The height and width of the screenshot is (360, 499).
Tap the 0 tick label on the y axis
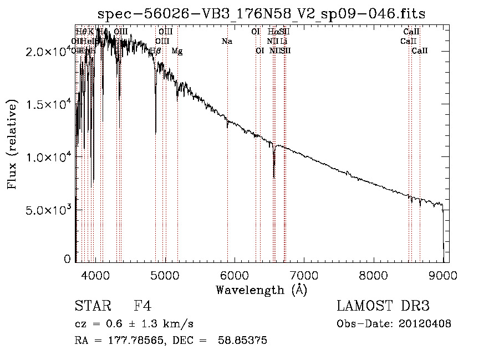click(x=67, y=259)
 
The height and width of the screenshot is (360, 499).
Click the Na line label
click(x=227, y=41)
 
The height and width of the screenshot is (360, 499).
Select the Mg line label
click(x=177, y=51)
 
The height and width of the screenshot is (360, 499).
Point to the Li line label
click(x=283, y=41)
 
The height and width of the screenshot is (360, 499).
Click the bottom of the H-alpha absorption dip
click(x=274, y=176)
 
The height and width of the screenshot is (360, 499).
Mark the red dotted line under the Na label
click(x=227, y=166)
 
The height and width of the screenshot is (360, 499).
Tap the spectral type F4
click(x=142, y=306)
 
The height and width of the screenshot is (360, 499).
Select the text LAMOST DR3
click(x=383, y=306)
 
